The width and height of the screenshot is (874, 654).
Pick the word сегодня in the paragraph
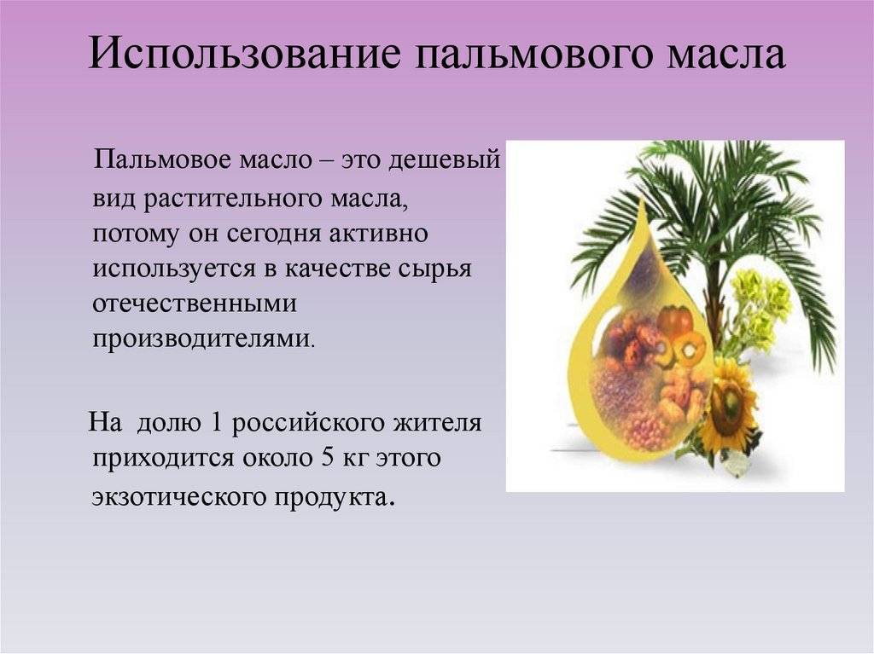tap(274, 234)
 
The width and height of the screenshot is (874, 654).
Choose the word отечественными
tap(195, 304)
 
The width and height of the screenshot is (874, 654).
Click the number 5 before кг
tap(326, 457)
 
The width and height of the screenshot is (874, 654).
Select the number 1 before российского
tap(214, 422)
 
